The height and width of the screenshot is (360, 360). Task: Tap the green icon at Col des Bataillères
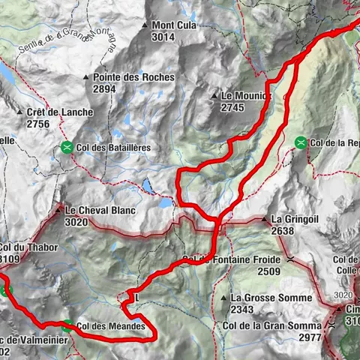[68, 148]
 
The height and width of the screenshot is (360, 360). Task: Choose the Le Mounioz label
[245, 96]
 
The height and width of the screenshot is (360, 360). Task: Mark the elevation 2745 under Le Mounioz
[233, 107]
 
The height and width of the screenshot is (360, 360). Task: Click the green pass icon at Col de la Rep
[301, 141]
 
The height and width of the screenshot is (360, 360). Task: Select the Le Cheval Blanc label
[100, 211]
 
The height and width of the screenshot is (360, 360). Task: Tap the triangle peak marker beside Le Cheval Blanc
[58, 211]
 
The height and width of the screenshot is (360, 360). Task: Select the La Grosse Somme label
[271, 298]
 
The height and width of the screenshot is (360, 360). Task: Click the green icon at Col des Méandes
[68, 325]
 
